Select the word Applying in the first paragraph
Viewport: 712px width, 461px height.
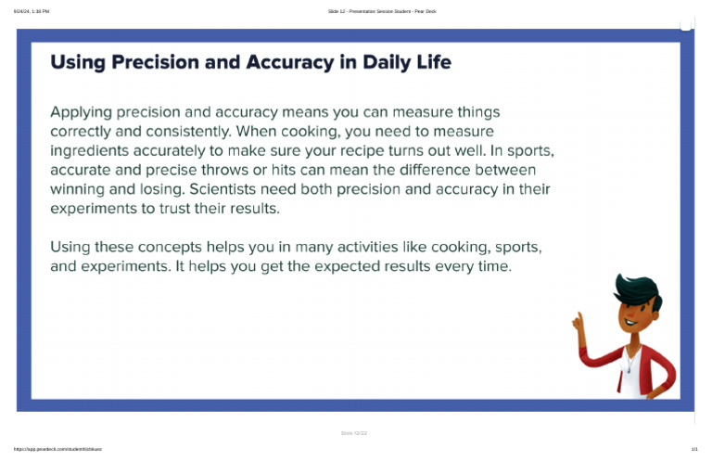point(81,112)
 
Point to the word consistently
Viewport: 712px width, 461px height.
point(182,132)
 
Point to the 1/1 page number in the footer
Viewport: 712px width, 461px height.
point(693,449)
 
